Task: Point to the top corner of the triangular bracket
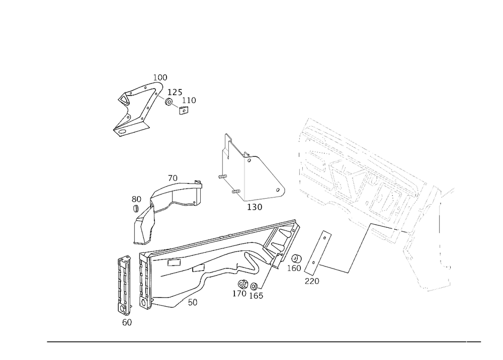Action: click(x=227, y=135)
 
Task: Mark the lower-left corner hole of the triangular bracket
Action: click(x=222, y=176)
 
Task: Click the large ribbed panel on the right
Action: click(x=362, y=176)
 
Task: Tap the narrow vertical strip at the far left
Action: click(x=122, y=282)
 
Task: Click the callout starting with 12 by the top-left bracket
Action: click(x=176, y=93)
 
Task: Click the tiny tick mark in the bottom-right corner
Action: click(x=466, y=342)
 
